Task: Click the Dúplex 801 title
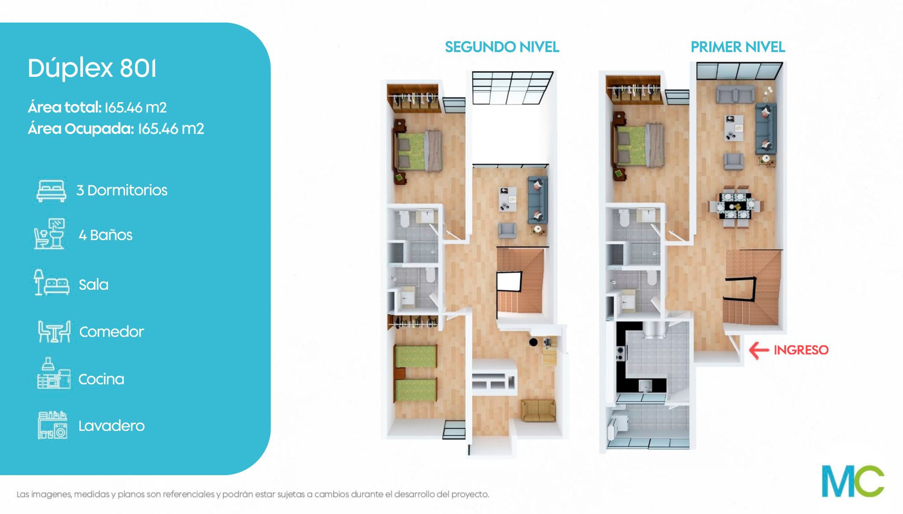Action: click(x=92, y=68)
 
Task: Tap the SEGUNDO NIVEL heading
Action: click(x=502, y=47)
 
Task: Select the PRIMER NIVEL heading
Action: click(x=738, y=47)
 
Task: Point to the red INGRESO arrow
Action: click(x=759, y=350)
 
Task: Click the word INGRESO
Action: click(x=801, y=350)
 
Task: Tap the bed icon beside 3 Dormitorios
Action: click(x=51, y=191)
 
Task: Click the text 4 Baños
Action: click(x=106, y=235)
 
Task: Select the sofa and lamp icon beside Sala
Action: click(x=51, y=283)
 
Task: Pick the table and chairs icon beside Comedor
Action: click(x=54, y=331)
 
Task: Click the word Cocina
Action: click(x=101, y=379)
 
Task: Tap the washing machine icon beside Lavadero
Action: click(x=53, y=425)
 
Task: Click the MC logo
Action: click(x=853, y=481)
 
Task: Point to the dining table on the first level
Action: click(x=736, y=206)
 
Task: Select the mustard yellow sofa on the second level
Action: click(x=538, y=410)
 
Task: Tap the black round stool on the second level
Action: click(x=533, y=342)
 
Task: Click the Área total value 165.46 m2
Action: click(x=135, y=108)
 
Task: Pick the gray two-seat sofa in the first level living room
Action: click(x=735, y=94)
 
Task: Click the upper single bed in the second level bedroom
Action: click(x=416, y=357)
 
